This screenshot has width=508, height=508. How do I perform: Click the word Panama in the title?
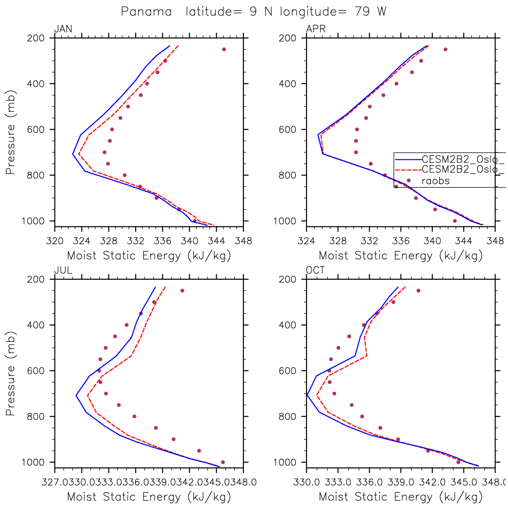click(x=146, y=12)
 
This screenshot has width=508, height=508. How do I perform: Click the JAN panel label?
click(x=63, y=29)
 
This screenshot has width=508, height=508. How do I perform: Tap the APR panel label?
click(x=316, y=29)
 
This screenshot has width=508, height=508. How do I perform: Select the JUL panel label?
click(x=63, y=270)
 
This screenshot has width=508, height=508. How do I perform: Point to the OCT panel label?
click(x=316, y=270)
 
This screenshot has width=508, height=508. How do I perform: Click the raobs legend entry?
click(x=435, y=181)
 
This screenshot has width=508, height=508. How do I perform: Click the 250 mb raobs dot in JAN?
click(x=224, y=49)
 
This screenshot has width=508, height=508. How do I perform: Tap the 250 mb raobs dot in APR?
click(x=445, y=49)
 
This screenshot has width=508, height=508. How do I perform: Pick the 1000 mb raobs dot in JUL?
click(x=223, y=462)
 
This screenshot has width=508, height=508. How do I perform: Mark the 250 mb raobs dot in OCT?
click(x=418, y=290)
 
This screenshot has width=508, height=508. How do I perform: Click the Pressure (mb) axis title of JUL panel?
click(x=10, y=374)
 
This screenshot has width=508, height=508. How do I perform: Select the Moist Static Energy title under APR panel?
click(x=401, y=256)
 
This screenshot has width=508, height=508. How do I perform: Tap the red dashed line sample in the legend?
click(x=408, y=170)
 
